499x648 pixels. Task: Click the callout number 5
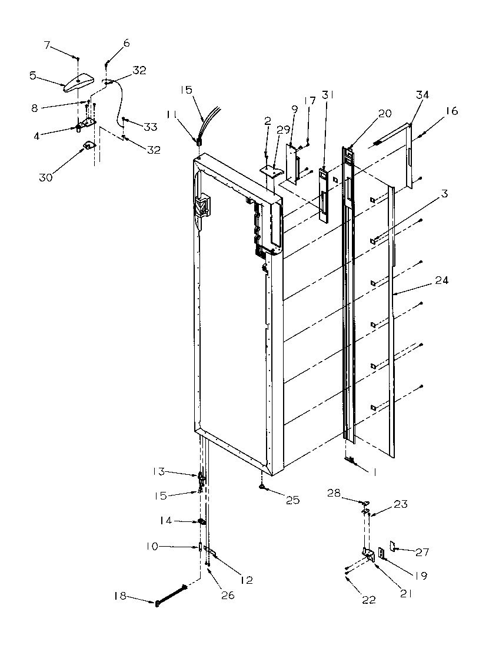[33, 75]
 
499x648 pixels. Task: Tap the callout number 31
[328, 95]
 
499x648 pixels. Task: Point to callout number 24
[442, 280]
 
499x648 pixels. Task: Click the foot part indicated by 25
[260, 488]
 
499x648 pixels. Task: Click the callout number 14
[166, 521]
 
